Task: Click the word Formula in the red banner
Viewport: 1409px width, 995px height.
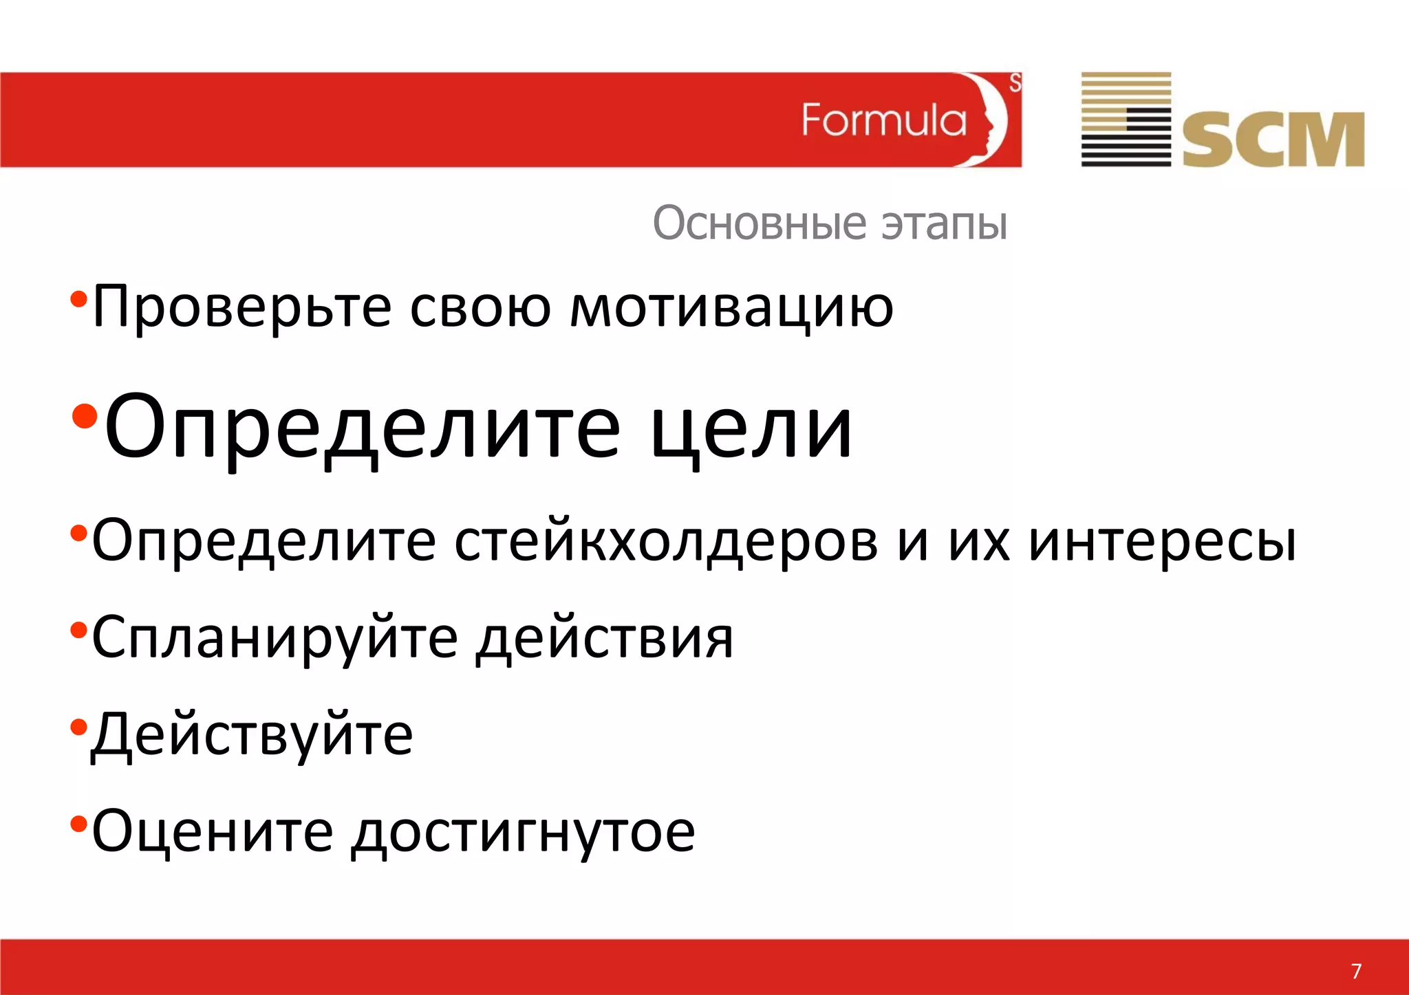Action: click(884, 120)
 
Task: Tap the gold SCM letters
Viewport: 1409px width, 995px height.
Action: click(1273, 140)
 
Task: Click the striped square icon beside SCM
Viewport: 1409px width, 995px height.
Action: click(1126, 119)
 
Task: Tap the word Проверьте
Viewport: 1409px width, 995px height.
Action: click(241, 307)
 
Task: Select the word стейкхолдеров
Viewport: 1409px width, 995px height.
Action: click(667, 540)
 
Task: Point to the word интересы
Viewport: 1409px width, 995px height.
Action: click(1162, 540)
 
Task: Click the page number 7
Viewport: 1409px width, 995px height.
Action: click(1356, 970)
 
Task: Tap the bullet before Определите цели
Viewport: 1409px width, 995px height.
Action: click(85, 416)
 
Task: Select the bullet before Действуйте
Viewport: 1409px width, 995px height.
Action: click(78, 726)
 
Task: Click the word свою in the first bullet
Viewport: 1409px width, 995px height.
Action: click(480, 307)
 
